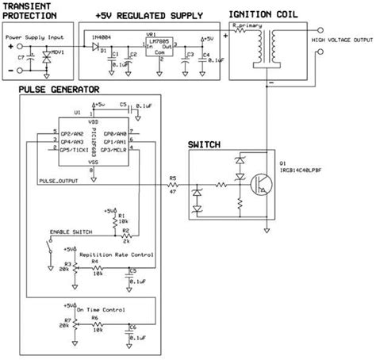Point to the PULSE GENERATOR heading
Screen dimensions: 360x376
[x=60, y=90]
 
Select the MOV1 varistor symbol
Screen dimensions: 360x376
[x=55, y=59]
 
